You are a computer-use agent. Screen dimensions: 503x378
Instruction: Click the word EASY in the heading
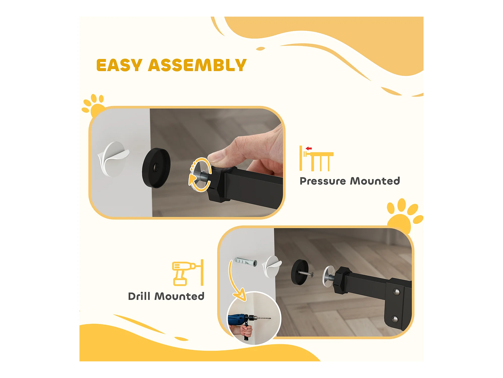pos(119,65)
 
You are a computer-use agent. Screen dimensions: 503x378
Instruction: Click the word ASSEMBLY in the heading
pos(197,65)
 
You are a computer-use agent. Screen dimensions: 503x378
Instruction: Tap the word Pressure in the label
pos(323,181)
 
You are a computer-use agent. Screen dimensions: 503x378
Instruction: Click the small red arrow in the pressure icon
pos(309,148)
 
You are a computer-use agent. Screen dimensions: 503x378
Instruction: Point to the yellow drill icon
pos(188,273)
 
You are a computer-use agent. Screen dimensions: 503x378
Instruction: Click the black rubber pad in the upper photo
pos(156,168)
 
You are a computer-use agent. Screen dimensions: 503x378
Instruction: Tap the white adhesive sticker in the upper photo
pos(113,159)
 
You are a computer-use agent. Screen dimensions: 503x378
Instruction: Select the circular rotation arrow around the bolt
pos(200,174)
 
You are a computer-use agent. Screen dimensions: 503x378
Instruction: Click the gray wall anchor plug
pos(246,262)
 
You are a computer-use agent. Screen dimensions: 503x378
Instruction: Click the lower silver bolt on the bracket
pos(395,319)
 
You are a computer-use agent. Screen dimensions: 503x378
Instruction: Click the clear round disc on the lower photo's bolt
pos(328,276)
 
